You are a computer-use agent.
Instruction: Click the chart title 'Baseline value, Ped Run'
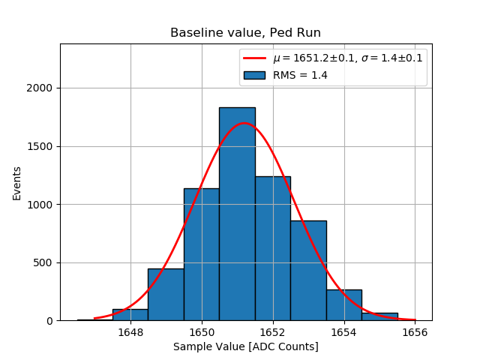[245, 33]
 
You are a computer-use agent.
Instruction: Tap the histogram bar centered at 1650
[201, 254]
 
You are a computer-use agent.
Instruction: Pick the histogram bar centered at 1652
[272, 248]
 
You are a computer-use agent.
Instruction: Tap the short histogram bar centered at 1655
[379, 316]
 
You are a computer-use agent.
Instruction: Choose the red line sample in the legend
[254, 58]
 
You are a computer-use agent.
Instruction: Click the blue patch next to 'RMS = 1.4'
[254, 74]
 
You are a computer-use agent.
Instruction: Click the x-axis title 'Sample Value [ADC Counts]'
[245, 346]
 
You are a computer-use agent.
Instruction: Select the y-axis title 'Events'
[16, 183]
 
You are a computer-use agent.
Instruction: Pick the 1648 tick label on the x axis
[130, 331]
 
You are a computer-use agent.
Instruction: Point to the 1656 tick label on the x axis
[415, 331]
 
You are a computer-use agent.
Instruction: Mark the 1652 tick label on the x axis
[272, 331]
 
